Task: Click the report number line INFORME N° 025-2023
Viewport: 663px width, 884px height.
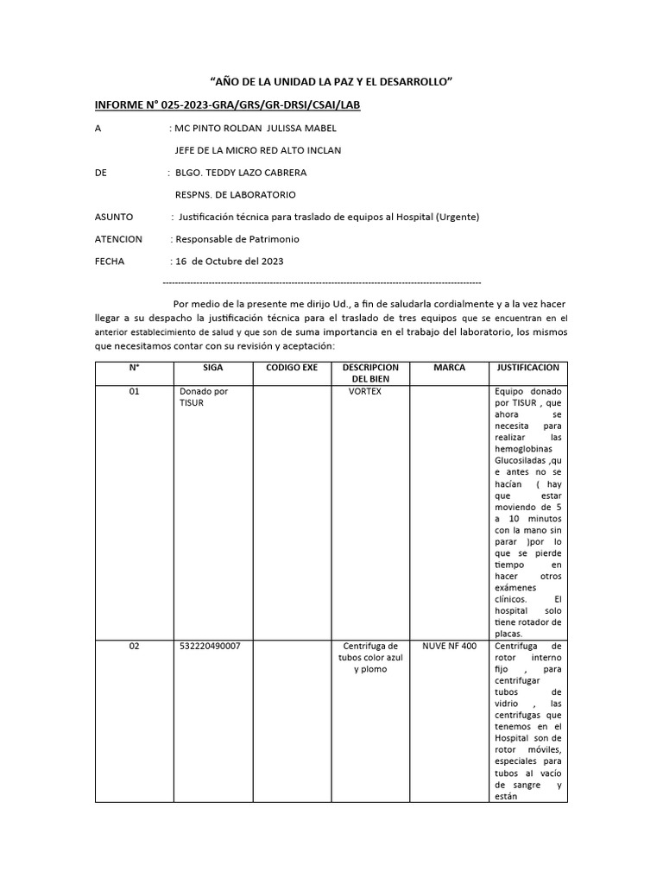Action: (x=227, y=105)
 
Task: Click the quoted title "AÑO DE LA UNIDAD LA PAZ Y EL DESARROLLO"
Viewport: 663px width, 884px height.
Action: (x=331, y=81)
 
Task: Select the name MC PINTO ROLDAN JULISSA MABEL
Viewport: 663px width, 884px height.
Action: (x=256, y=129)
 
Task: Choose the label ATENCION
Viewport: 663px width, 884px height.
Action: (x=119, y=239)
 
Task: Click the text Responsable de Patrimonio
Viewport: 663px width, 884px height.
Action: (x=237, y=239)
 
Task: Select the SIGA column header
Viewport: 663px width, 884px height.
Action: (x=212, y=368)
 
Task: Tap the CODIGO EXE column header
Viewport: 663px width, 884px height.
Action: (x=292, y=368)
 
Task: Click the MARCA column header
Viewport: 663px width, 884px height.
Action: (x=449, y=368)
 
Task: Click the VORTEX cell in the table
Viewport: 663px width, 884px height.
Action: (x=364, y=392)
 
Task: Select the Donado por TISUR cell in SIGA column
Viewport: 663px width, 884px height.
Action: (x=204, y=397)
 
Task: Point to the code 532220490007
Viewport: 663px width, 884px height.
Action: (x=210, y=646)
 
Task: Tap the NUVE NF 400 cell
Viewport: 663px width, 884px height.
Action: (x=449, y=646)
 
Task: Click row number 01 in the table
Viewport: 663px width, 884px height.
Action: (x=134, y=392)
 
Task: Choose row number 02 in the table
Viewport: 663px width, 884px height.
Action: (x=134, y=646)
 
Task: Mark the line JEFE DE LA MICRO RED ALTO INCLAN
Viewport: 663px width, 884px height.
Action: (x=258, y=150)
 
